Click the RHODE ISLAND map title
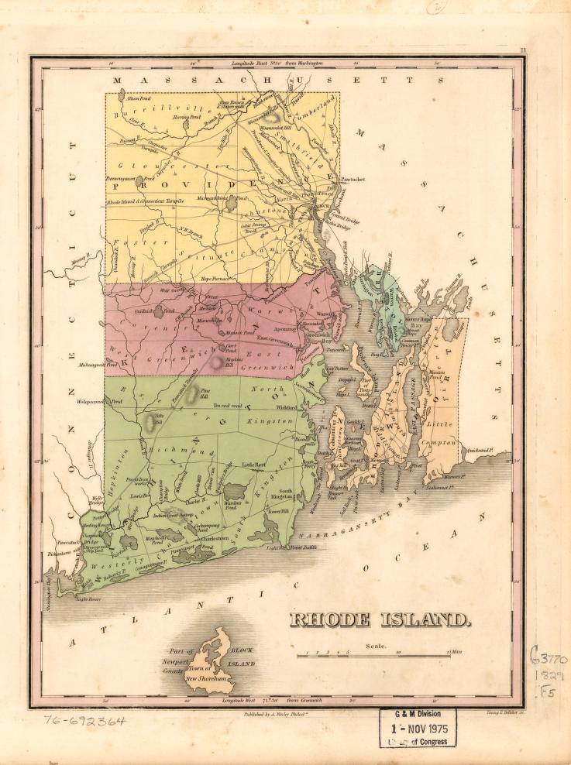point(380,619)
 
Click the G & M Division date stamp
point(418,728)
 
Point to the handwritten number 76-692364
point(86,721)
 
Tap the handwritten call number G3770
point(549,658)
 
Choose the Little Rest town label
point(253,465)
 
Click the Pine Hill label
point(205,393)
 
